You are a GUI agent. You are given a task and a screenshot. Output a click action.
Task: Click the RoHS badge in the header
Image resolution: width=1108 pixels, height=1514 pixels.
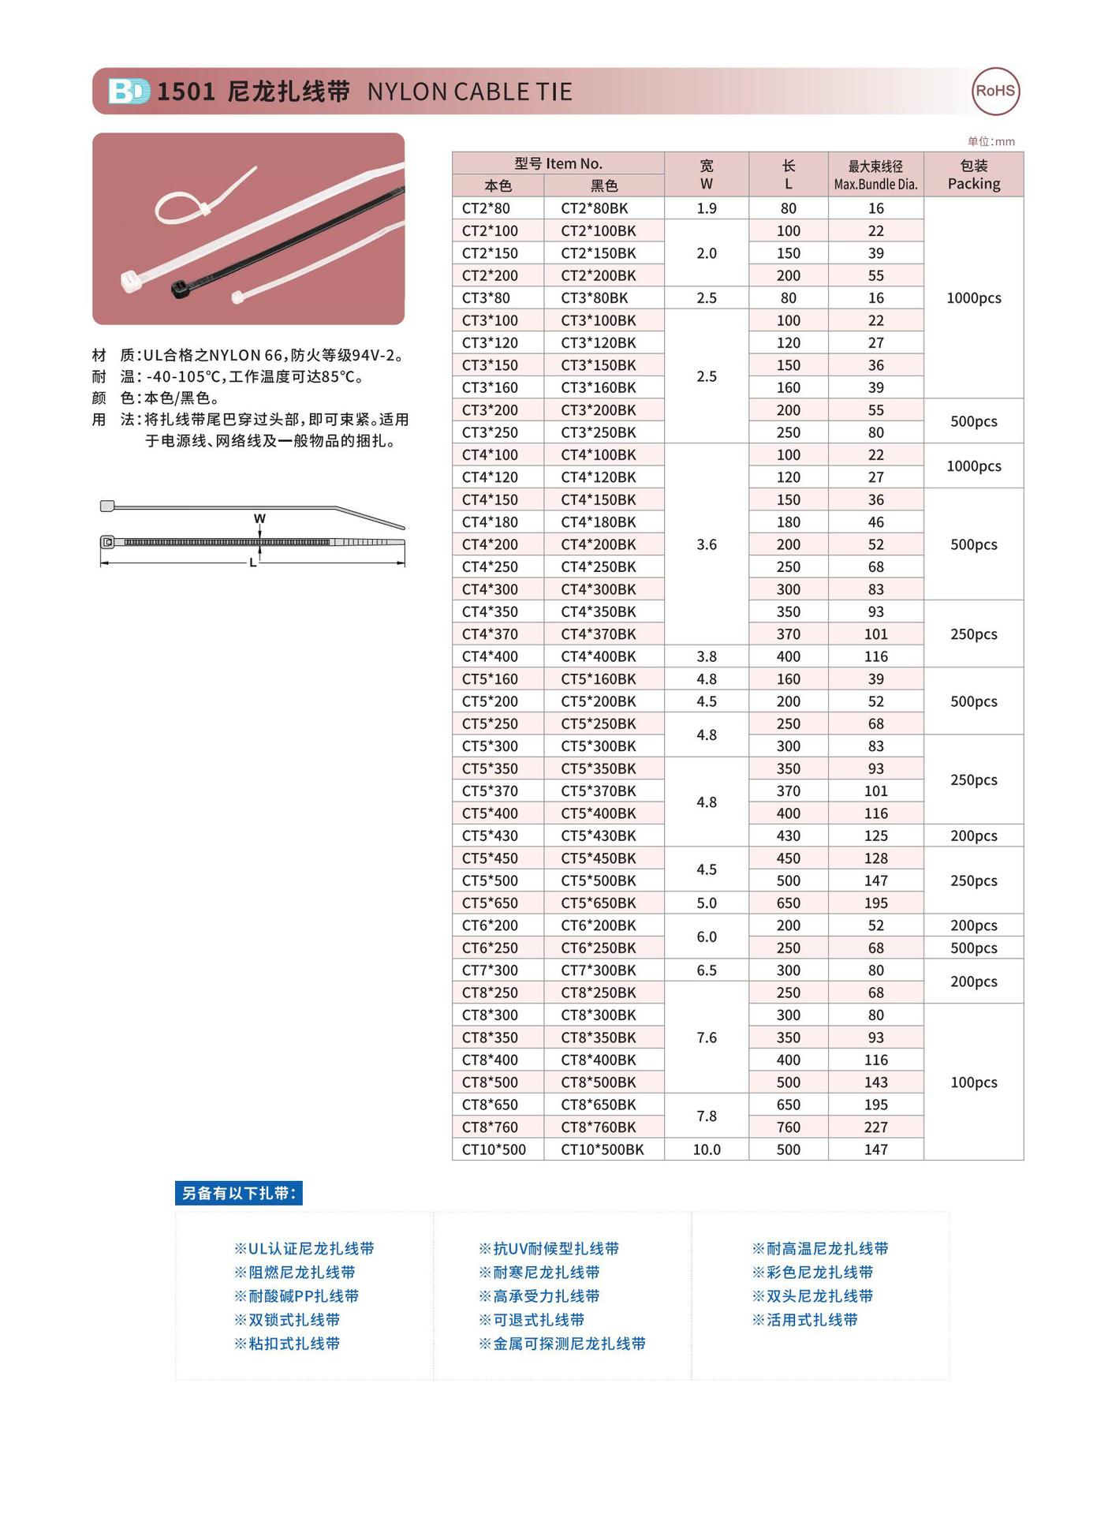pos(994,91)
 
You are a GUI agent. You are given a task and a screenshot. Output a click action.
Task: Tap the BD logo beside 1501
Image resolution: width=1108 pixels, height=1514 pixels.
pos(129,92)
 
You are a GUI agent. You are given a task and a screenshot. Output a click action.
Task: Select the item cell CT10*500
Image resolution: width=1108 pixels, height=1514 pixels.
pos(494,1150)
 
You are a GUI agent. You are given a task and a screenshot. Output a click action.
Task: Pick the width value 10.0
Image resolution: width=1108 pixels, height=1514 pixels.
pos(707,1150)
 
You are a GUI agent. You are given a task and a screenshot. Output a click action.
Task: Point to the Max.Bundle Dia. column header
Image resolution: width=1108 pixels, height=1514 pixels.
pos(875,174)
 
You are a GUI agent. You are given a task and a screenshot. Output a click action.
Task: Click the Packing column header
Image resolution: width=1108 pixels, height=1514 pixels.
pos(973,174)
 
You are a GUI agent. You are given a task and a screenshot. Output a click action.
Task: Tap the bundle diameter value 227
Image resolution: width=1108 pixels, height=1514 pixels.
pos(875,1127)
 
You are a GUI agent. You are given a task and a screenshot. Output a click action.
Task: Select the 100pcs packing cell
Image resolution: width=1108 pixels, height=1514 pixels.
pos(973,1082)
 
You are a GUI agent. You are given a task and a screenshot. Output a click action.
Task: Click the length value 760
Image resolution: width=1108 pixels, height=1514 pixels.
pos(788,1127)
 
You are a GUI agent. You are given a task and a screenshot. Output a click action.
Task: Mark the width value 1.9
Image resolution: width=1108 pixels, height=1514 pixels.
pos(707,208)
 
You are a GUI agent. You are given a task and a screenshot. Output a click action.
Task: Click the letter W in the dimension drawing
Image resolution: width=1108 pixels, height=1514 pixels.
pos(259,518)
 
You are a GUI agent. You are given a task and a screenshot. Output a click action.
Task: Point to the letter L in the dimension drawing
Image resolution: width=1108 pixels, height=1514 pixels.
pos(253,563)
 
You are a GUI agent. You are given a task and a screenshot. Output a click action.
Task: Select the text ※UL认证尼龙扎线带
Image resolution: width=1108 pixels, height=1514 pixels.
pos(304,1249)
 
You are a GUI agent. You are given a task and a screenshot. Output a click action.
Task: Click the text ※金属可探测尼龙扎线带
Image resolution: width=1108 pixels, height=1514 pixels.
pos(561,1344)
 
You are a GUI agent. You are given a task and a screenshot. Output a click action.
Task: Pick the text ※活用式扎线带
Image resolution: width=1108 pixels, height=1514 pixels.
pos(804,1320)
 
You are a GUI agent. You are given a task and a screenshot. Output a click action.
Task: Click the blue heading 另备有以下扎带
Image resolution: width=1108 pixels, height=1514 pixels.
pos(238,1193)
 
